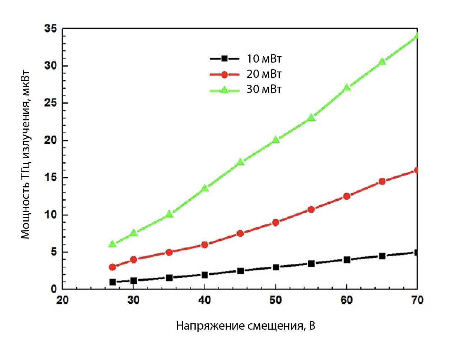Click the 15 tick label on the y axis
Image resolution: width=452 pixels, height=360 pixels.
click(x=51, y=178)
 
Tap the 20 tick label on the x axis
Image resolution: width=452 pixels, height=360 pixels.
click(x=62, y=300)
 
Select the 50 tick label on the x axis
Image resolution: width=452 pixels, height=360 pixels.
click(x=275, y=300)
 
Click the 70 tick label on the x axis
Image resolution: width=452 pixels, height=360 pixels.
click(x=417, y=300)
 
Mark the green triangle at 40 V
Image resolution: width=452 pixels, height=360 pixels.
click(x=205, y=188)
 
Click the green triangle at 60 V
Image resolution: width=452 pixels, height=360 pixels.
click(x=347, y=88)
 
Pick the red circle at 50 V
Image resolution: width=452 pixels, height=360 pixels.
click(x=276, y=223)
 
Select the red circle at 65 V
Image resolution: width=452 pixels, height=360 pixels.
click(x=382, y=181)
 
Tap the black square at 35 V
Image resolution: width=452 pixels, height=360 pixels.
click(x=169, y=278)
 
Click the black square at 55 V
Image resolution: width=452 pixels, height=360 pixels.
click(x=311, y=263)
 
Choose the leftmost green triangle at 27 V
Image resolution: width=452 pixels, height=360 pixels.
click(x=113, y=244)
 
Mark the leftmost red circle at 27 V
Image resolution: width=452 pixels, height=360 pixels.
click(x=113, y=267)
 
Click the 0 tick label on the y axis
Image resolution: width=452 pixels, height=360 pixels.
click(x=54, y=289)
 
